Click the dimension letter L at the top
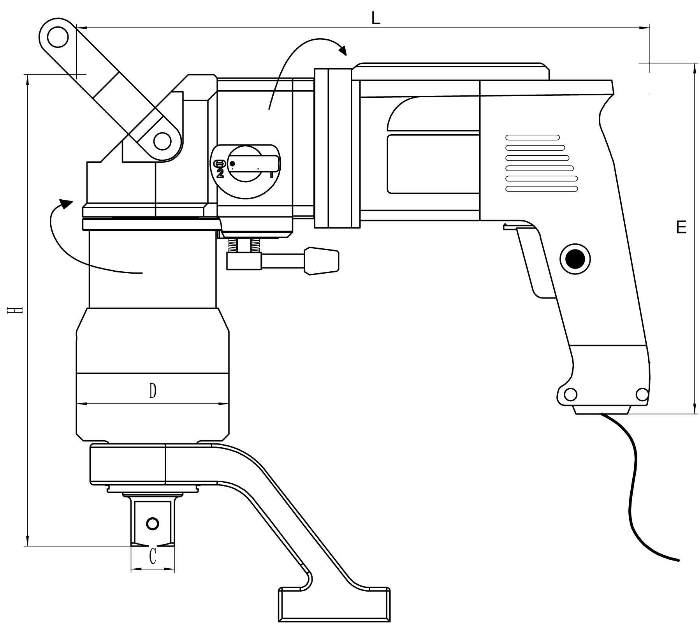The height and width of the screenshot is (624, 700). tap(375, 18)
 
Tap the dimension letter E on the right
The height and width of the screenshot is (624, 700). tap(681, 227)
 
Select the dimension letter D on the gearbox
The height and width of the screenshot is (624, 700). tap(153, 391)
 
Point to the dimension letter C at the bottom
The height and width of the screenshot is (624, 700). tap(153, 556)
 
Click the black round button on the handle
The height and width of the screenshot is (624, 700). tap(575, 259)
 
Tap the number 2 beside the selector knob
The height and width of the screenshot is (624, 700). tap(220, 174)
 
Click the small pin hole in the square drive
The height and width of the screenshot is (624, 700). tap(153, 524)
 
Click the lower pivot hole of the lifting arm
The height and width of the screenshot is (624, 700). tap(162, 141)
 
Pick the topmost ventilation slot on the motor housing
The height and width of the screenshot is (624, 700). tap(532, 137)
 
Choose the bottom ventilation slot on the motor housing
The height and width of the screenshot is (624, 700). tap(541, 189)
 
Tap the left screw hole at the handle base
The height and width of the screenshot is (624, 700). tap(570, 395)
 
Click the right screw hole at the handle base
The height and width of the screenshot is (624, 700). tap(642, 395)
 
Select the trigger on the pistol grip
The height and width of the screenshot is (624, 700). tap(535, 265)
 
